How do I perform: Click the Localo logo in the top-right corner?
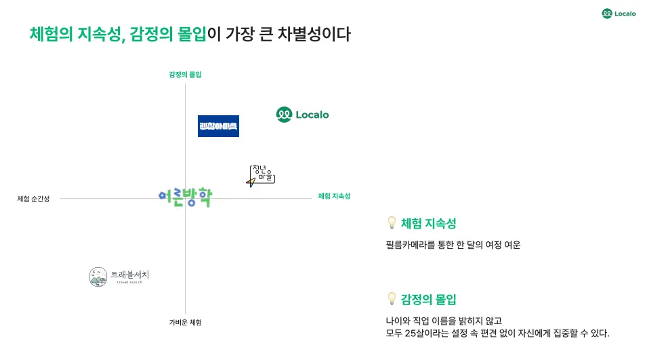[x=619, y=13]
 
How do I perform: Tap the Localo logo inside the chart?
[x=302, y=115]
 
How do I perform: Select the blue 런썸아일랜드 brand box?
[x=218, y=126]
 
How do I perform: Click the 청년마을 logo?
[x=261, y=175]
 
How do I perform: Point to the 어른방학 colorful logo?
[x=184, y=197]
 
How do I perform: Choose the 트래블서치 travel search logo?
[x=119, y=276]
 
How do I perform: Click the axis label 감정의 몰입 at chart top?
[x=185, y=75]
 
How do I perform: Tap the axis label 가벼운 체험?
[x=185, y=322]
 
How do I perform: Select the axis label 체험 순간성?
[x=33, y=199]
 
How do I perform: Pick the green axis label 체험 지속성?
[x=335, y=197]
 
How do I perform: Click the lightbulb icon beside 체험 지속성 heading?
[x=391, y=222]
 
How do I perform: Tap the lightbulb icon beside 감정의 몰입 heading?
[x=391, y=298]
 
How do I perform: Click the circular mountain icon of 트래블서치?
[x=98, y=276]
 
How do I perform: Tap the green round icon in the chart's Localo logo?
[x=284, y=115]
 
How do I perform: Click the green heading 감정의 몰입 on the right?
[x=429, y=299]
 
